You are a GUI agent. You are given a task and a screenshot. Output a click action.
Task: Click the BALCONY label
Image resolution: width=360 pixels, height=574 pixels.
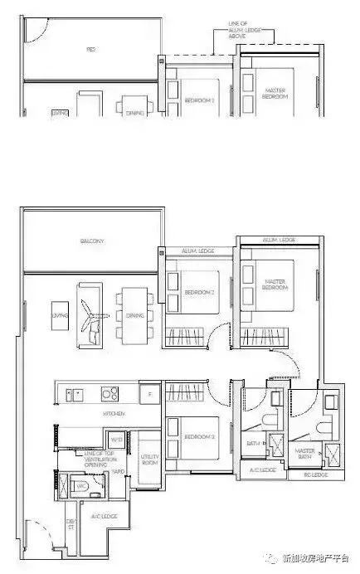91,241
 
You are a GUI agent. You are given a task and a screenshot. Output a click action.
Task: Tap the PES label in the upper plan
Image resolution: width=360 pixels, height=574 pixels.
90,50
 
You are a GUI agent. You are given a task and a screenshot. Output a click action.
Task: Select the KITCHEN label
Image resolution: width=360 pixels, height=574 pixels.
114,412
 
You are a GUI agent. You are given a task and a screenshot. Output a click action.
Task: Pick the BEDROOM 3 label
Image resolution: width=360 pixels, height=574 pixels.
196,435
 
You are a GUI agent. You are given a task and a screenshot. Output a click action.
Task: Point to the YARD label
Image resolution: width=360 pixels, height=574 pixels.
119,471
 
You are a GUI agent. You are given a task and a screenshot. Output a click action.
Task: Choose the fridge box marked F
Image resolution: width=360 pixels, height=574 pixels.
150,394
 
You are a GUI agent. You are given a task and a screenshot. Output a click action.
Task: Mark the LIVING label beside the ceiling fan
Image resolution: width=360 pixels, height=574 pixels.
60,316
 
